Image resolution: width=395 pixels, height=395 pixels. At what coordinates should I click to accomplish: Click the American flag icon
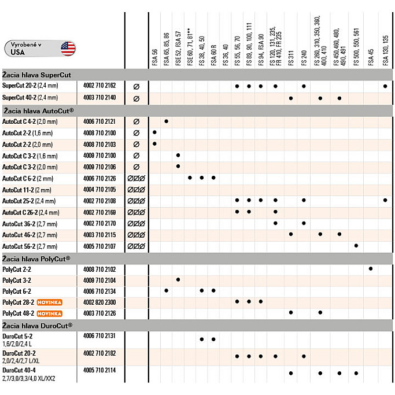(x=67, y=47)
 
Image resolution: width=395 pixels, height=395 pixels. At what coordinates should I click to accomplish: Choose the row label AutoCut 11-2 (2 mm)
(x=27, y=190)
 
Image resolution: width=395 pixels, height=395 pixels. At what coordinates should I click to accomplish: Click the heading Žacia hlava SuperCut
(x=36, y=75)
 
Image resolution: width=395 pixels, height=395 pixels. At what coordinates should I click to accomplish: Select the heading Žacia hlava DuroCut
(x=38, y=326)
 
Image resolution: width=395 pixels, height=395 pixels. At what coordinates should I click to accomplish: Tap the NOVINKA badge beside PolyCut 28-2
(x=49, y=302)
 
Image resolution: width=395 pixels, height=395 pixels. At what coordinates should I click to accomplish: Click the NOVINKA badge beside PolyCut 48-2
(x=49, y=313)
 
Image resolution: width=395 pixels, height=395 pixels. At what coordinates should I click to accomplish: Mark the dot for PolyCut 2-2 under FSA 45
(x=370, y=268)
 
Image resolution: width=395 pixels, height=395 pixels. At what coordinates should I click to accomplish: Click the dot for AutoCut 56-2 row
(x=356, y=246)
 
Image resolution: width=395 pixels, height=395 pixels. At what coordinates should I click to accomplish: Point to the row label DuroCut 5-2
(x=17, y=335)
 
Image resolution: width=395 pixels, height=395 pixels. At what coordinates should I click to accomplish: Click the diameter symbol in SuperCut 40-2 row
(x=136, y=98)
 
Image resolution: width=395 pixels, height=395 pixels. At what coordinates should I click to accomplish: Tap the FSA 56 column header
(x=154, y=58)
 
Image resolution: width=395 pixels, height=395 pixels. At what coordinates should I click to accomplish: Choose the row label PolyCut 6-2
(x=16, y=291)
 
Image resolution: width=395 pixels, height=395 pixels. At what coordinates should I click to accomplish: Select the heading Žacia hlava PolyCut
(x=36, y=258)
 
